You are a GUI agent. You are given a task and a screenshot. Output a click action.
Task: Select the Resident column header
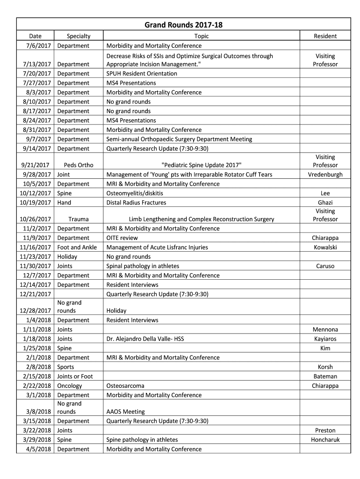pos(325,36)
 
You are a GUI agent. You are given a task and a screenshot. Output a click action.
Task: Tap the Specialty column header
pos(79,36)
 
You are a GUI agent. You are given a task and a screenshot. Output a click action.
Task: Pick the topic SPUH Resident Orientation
pos(142,73)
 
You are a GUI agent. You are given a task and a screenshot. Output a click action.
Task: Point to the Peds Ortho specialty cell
pos(79,165)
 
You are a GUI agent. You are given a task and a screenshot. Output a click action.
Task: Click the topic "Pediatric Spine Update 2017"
pos(202,165)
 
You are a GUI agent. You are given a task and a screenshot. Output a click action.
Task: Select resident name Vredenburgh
pos(325,174)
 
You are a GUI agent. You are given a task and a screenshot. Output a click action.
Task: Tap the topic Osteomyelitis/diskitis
pos(135,193)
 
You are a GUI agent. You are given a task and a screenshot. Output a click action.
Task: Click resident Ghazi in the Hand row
pos(325,203)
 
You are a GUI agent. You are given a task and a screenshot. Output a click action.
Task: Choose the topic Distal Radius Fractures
pos(136,203)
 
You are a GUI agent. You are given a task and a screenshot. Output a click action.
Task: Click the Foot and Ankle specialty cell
pos(77,247)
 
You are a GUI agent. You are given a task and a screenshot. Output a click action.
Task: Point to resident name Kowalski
pos(325,247)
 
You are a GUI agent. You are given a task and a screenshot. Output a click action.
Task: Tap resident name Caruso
pos(325,266)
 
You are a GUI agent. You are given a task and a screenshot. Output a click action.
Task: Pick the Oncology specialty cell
pos(70,386)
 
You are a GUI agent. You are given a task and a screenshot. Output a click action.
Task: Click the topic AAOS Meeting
pos(125,412)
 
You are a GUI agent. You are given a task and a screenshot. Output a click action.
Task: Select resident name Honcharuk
pos(325,440)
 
